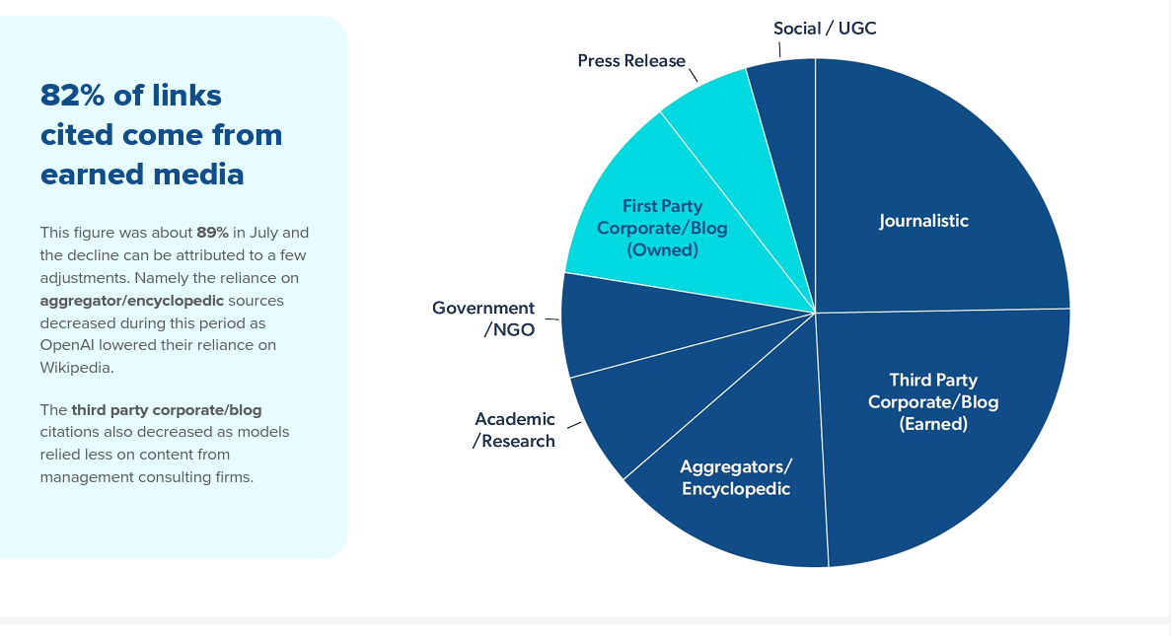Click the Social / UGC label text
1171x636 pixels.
coord(825,29)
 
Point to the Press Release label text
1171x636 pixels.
coord(631,61)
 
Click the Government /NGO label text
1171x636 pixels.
coord(483,318)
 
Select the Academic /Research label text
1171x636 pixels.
coord(514,430)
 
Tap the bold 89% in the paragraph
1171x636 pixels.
coord(212,233)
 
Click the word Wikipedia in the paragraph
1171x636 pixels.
coord(77,368)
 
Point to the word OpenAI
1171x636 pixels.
coord(66,345)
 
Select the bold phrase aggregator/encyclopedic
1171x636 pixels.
coord(131,301)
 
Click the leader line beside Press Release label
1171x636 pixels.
coord(694,75)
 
